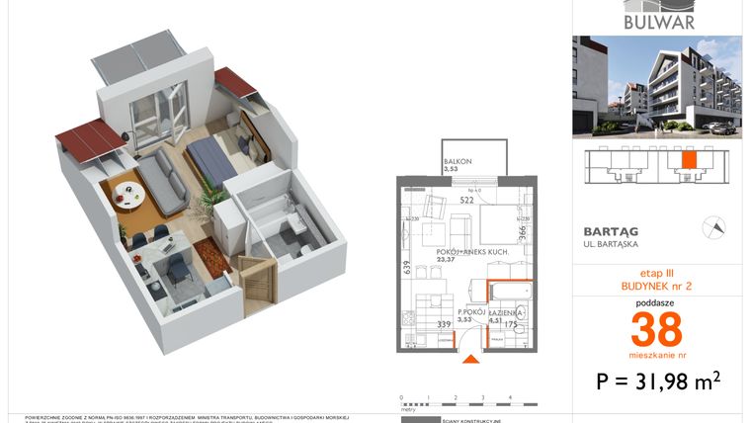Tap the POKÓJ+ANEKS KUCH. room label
click(471, 253)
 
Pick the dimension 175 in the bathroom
click(512, 323)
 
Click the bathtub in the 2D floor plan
click(509, 296)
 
